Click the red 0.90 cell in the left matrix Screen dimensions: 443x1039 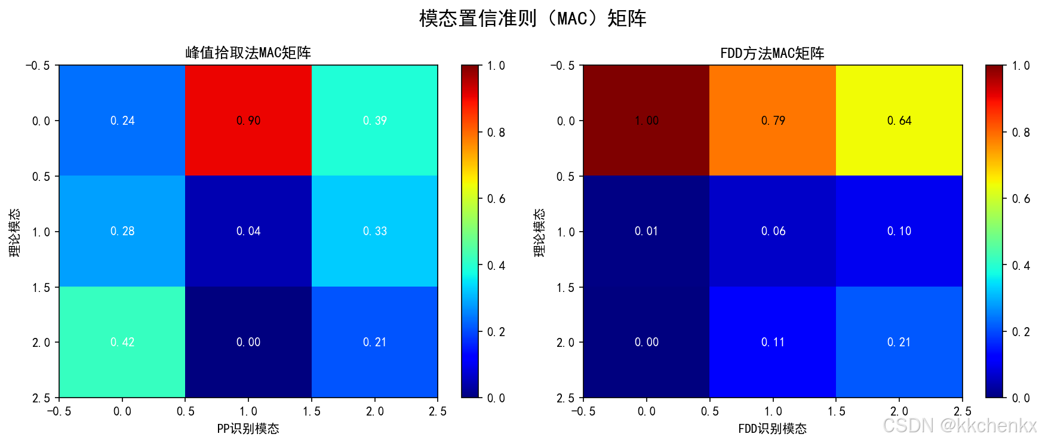248,121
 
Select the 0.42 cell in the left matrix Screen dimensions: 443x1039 122,342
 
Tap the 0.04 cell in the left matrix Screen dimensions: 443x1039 248,231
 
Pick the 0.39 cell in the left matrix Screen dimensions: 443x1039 374,121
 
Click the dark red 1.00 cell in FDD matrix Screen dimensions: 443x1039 646,121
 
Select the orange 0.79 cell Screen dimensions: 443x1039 773,121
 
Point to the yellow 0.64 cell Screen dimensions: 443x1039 899,121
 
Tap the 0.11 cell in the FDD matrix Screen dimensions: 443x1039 773,342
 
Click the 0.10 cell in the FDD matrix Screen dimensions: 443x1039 899,231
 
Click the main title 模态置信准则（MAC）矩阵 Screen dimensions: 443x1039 533,19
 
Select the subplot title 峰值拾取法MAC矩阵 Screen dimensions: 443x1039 248,53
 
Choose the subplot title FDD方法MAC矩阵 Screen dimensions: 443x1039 772,54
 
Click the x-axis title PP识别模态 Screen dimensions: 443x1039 248,429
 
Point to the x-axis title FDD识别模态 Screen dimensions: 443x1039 772,429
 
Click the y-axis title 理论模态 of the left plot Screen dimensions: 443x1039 14,232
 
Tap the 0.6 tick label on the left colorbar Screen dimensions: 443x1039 496,199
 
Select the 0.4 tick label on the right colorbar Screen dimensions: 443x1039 1020,266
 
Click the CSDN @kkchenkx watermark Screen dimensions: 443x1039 960,425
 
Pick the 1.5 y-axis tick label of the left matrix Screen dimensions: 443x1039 41,287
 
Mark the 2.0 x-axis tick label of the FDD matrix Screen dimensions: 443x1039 899,411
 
